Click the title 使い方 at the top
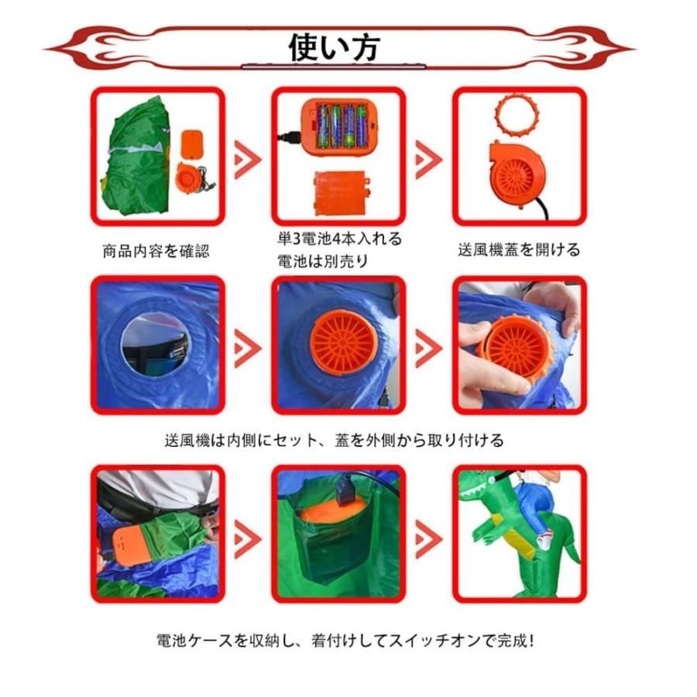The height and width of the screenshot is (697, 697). (x=334, y=48)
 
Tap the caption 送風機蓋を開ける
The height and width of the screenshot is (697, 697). (x=518, y=249)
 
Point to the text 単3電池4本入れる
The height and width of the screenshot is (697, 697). (x=338, y=238)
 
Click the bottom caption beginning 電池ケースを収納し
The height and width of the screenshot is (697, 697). (x=345, y=642)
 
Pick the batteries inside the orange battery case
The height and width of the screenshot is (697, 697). (x=338, y=125)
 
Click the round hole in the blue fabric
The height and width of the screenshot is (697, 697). (x=155, y=344)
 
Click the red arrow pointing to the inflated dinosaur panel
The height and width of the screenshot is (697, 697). (x=427, y=535)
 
